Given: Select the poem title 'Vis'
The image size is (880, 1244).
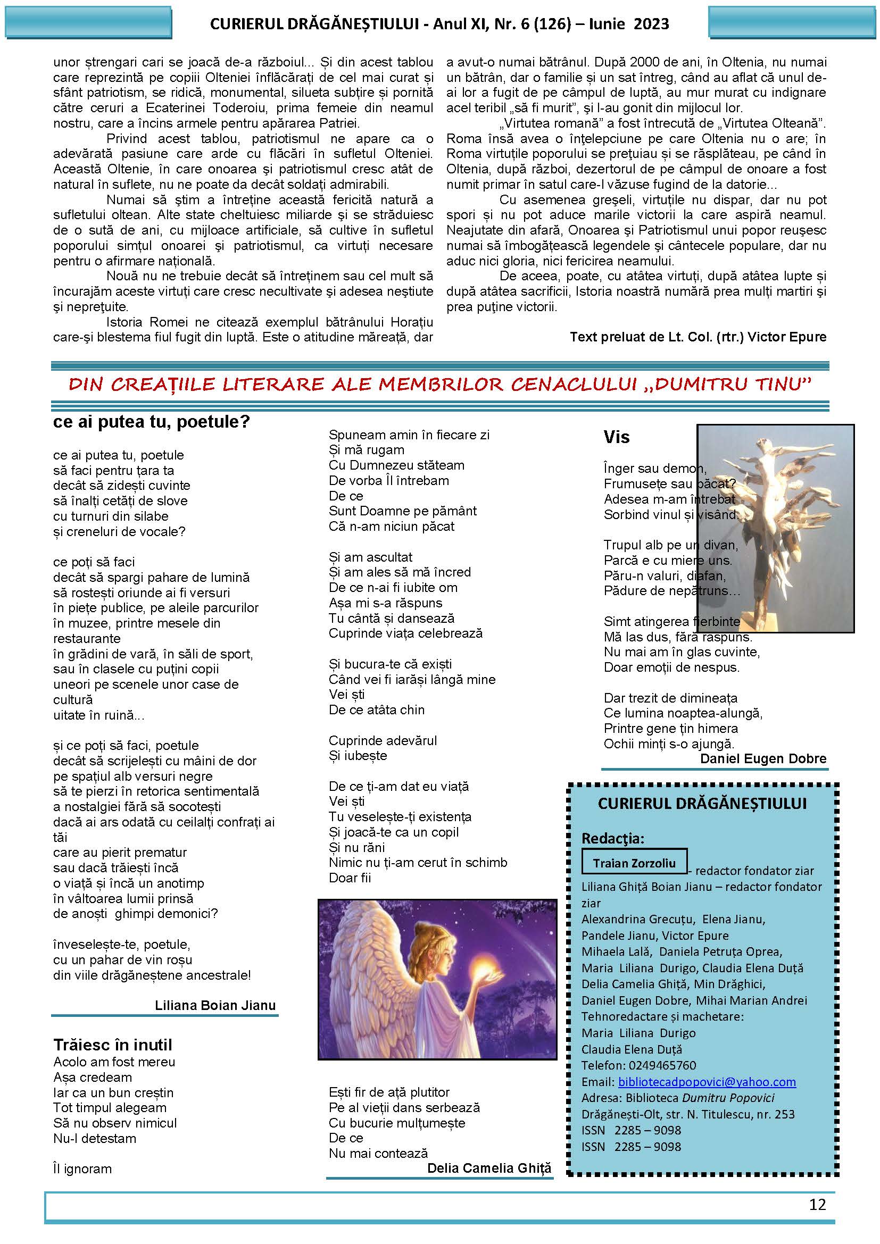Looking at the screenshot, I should point(617,437).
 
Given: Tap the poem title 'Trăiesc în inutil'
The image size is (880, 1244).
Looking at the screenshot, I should point(113,1045).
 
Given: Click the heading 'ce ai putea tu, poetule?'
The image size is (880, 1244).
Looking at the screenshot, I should point(152,422).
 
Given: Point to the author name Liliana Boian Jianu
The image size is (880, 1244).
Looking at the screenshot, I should point(215,1005).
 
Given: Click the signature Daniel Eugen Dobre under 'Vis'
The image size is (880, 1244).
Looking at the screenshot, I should point(763,758).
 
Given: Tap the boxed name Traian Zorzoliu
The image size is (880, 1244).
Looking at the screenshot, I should point(634,863).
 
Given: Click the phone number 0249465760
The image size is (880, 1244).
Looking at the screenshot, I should point(662,1065).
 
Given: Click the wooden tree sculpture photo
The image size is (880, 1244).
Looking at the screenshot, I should point(775,528).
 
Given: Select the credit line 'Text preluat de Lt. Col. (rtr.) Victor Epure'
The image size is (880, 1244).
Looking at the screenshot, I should point(698,337).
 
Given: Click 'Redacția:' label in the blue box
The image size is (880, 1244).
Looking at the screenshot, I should point(612,839).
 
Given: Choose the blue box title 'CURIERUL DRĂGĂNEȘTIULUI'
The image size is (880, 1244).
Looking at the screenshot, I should point(702,804).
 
